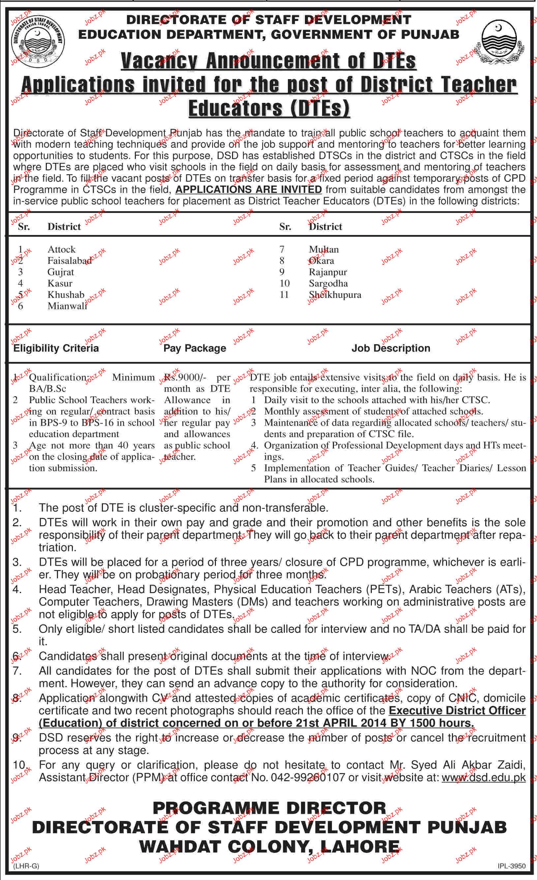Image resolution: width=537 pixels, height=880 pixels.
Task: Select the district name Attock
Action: pos(61,249)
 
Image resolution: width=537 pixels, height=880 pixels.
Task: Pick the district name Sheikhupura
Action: pos(335,295)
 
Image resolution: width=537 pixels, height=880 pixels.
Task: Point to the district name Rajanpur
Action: pos(328,272)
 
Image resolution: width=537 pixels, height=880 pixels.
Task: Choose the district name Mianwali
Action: pos(67,306)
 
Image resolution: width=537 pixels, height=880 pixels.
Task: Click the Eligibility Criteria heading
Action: pos(56,348)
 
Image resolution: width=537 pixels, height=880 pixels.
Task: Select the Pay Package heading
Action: pos(194,348)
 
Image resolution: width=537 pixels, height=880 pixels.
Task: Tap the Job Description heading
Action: pos(391,348)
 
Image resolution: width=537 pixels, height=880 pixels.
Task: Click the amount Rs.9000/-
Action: pos(182,377)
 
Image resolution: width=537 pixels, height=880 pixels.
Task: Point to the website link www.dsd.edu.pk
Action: pos(484,778)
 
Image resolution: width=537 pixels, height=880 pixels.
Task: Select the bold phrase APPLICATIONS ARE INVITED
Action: pos(249,189)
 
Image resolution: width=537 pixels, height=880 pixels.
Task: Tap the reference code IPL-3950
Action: pos(512,865)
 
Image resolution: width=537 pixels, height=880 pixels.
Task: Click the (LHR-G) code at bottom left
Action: pos(26,865)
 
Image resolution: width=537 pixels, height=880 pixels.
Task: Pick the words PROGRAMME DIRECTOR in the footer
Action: pos(269,808)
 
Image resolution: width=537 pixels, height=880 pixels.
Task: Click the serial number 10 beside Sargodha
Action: pos(284,283)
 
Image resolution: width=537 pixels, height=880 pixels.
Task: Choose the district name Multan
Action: pos(323,249)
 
